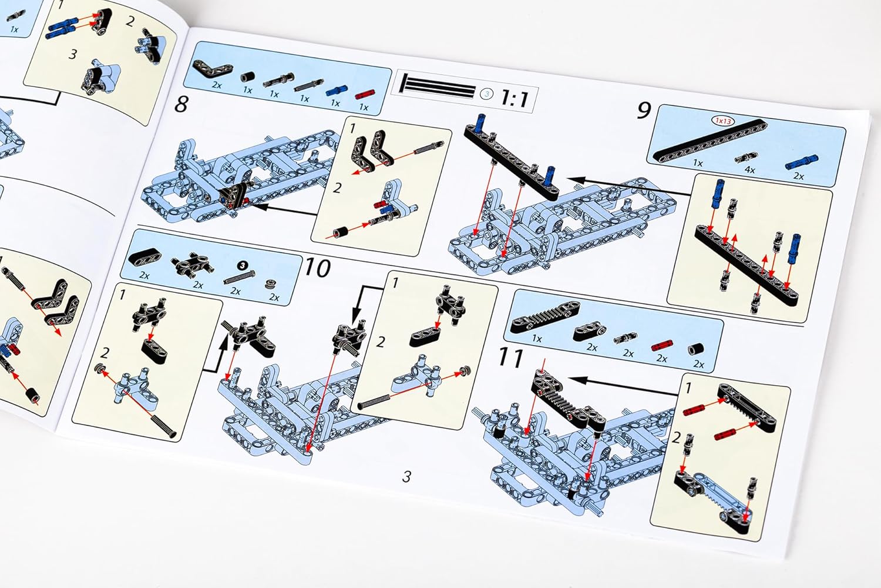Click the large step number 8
181,104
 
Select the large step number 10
317,268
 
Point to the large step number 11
511,358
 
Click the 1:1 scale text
515,98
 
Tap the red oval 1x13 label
723,121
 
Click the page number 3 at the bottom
406,477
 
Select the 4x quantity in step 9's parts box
749,170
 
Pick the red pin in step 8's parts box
365,95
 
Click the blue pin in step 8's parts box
335,91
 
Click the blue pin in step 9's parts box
801,162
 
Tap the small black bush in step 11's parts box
695,349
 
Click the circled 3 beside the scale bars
487,94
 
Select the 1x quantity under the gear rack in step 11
536,338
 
